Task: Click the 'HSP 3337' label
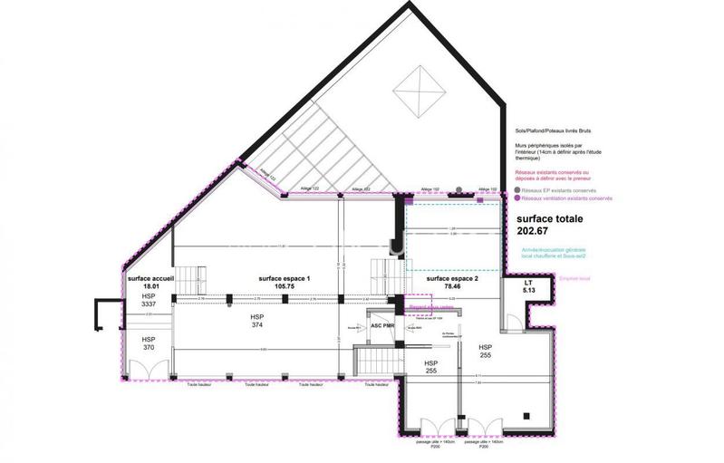pos(149,301)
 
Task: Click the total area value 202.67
pos(533,231)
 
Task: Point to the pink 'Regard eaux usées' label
pos(424,307)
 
